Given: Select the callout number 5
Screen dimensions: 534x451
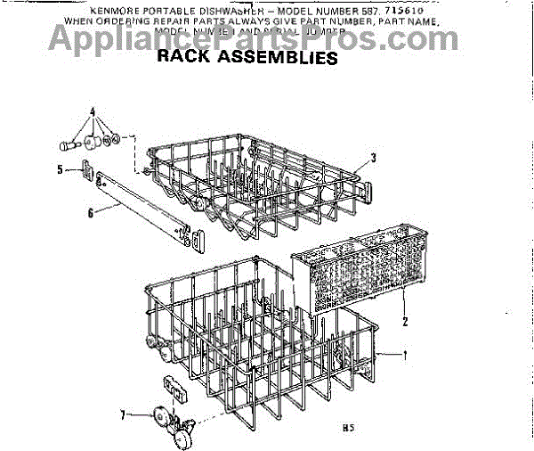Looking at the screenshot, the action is click(60, 168).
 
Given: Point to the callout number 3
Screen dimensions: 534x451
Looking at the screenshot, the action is click(374, 158).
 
